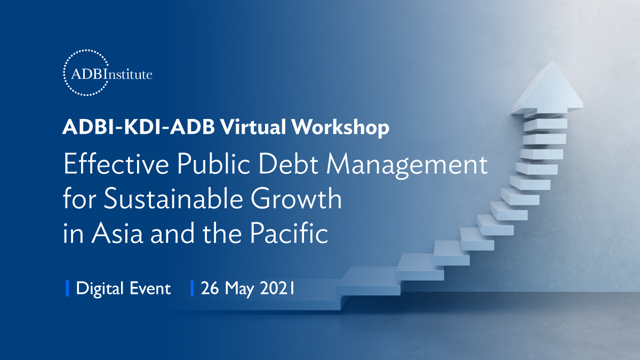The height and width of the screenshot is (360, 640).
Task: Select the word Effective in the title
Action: pyautogui.click(x=116, y=163)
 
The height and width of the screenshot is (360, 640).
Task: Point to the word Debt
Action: pyautogui.click(x=289, y=163)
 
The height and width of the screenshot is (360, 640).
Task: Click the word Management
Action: pyautogui.click(x=407, y=166)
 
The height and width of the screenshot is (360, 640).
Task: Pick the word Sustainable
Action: pyautogui.click(x=173, y=198)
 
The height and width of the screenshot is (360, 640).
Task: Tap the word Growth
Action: pyautogui.click(x=297, y=198)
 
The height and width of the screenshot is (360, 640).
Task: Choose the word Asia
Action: pyautogui.click(x=117, y=233)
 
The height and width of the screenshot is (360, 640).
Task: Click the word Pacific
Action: pyautogui.click(x=289, y=233)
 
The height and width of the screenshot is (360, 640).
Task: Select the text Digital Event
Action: pyautogui.click(x=123, y=289)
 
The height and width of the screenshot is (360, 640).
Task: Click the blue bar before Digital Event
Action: pyautogui.click(x=67, y=289)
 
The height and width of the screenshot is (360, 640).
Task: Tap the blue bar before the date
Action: pyautogui.click(x=193, y=289)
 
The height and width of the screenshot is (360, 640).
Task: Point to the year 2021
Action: pyautogui.click(x=277, y=288)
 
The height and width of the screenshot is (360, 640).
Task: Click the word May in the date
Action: pyautogui.click(x=239, y=289)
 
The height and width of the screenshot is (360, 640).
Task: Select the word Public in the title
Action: pyautogui.click(x=214, y=163)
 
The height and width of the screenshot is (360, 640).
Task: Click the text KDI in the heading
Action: pyautogui.click(x=142, y=126)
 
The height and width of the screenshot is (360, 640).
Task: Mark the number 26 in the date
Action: pyautogui.click(x=210, y=288)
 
